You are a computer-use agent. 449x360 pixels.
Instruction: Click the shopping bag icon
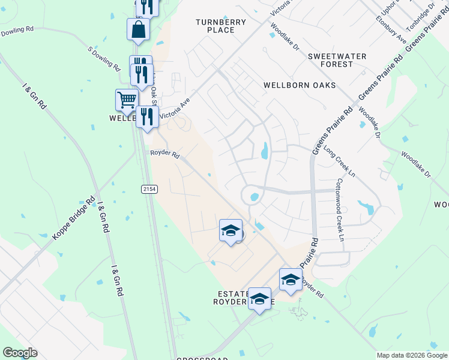[x=138, y=29]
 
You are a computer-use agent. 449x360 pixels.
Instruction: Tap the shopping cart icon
[x=127, y=101]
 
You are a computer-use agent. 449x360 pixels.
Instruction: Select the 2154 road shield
[x=149, y=189]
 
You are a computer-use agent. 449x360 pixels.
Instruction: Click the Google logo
[x=20, y=353]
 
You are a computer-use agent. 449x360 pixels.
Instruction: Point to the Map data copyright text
[x=412, y=355]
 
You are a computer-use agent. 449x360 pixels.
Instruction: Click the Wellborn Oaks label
[x=300, y=85]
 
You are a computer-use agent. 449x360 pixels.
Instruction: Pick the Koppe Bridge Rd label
[x=74, y=219]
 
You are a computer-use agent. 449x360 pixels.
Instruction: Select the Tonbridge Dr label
[x=420, y=19]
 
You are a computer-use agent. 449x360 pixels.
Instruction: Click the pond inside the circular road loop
[x=255, y=196]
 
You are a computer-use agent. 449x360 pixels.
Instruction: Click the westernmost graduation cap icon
[x=231, y=232]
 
